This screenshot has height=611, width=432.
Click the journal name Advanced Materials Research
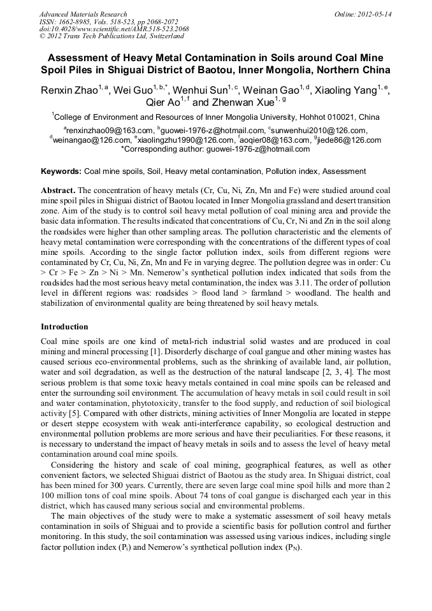click(83, 14)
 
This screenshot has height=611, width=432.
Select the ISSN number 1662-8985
click(82, 22)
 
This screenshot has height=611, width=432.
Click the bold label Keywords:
click(61, 171)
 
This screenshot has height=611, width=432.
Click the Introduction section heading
click(64, 327)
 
